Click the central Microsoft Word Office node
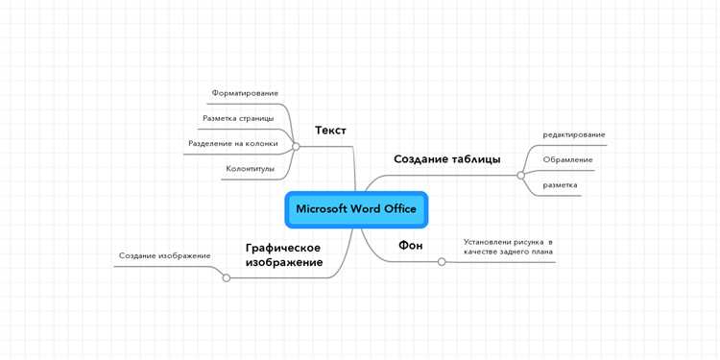pos(355,209)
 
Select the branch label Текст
pos(330,131)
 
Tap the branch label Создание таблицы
pos(446,158)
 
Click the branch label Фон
pos(411,246)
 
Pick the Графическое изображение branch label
pos(283,254)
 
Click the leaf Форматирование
pos(245,93)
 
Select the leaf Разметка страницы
pos(238,118)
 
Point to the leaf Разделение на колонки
pos(233,144)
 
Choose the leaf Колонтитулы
pos(250,169)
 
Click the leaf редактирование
pos(574,134)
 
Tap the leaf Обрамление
pos(567,159)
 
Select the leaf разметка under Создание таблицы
pos(560,184)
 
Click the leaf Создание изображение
pos(164,255)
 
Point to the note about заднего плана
pos(508,247)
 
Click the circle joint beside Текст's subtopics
pos(296,147)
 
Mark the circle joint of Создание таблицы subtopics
pos(520,175)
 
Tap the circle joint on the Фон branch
pos(442,261)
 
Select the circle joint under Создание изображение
pos(227,278)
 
